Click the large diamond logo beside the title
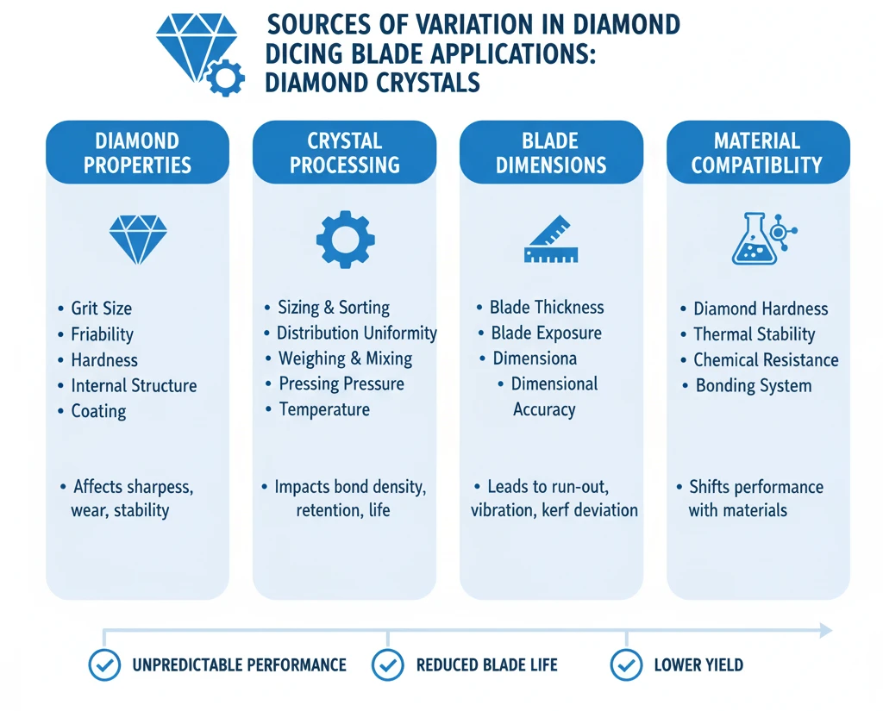coord(193,48)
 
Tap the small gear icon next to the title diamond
coord(225,78)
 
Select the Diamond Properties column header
coord(137,153)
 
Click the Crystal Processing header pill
coord(344,153)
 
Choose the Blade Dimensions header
coord(551,153)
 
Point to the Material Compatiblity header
coord(757,153)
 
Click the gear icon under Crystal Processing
coord(345,239)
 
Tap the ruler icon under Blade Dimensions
coord(551,239)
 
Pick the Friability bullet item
coord(102,334)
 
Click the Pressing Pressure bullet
coord(341,384)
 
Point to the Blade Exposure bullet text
coord(546,333)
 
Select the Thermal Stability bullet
coord(754,334)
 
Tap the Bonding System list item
coord(754,385)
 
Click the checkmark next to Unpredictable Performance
coord(105,664)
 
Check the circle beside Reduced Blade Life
coord(387,664)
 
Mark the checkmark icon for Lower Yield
coord(626,664)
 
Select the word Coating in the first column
coord(98,411)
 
